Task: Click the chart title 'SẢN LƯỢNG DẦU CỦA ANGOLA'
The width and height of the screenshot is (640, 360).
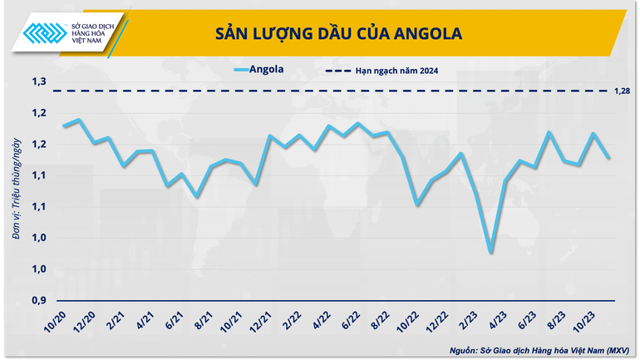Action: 338,33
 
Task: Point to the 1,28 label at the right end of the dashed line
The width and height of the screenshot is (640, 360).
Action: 623,91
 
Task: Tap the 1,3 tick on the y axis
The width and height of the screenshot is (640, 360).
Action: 39,81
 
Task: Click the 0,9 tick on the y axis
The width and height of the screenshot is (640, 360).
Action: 39,300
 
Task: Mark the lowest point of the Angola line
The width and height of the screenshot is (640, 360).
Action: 490,252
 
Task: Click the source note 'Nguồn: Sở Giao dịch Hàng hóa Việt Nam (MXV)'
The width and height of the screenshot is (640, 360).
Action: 539,350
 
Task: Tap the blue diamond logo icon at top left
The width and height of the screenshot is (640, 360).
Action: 43,35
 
